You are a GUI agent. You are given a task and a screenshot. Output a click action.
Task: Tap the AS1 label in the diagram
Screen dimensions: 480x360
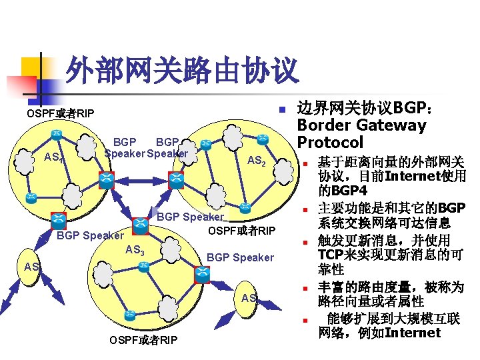point(53,158)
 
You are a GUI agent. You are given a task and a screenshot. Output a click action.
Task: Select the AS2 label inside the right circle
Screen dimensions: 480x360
point(257,161)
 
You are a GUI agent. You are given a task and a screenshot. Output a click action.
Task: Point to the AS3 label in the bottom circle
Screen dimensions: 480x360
point(135,251)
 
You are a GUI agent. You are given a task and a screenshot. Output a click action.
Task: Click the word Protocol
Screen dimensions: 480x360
point(330,142)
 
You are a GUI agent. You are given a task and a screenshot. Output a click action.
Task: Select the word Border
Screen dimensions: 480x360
point(321,125)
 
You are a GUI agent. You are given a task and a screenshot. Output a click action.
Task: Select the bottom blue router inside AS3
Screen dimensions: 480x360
point(129,314)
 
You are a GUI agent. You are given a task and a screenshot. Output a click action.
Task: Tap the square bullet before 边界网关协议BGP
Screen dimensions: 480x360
point(282,109)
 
